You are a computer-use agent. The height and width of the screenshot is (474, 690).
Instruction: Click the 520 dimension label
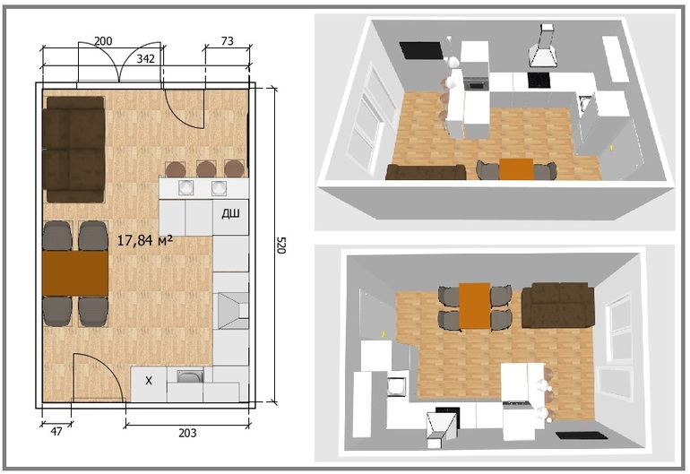(281, 246)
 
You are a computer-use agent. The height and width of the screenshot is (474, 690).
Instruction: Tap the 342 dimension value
(145, 58)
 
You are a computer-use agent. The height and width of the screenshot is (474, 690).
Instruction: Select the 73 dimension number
(227, 41)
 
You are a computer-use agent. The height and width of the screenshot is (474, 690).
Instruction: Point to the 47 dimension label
(56, 431)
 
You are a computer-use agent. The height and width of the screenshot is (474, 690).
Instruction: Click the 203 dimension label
(187, 433)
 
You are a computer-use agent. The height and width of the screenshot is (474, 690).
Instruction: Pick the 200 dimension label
(103, 41)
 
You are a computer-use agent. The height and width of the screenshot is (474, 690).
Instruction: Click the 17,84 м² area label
(145, 240)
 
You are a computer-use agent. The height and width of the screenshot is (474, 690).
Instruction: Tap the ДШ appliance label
(230, 214)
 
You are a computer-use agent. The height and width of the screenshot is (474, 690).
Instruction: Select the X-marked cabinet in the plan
(149, 384)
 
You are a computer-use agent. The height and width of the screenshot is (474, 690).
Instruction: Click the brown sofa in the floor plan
(73, 150)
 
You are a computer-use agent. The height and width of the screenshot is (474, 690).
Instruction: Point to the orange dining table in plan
(75, 273)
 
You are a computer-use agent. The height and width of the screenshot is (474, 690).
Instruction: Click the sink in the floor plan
(190, 376)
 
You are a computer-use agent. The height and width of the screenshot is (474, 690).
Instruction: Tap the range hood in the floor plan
(231, 311)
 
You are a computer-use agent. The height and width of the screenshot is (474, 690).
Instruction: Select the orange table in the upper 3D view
(516, 169)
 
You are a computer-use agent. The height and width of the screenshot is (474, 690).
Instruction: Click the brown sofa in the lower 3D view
(557, 305)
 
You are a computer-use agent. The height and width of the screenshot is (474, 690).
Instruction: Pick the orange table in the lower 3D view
(475, 306)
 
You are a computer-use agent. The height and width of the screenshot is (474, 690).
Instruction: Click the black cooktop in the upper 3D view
(538, 80)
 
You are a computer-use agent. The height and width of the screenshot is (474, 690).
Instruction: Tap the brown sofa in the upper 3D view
(426, 172)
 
